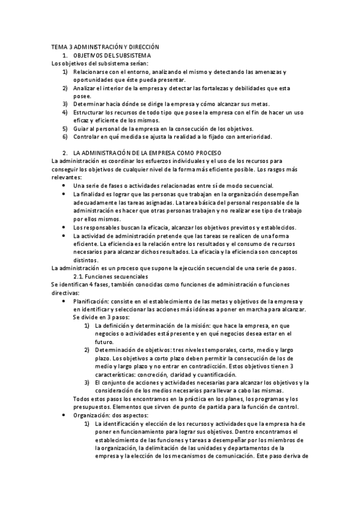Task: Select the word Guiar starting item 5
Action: click(x=82, y=128)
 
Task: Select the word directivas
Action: click(x=67, y=292)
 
